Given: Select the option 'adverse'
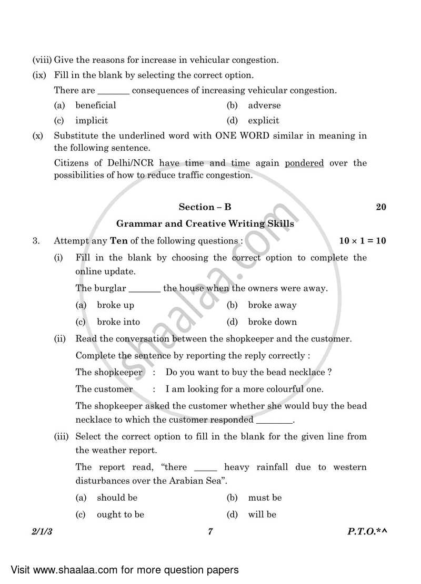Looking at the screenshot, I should [x=264, y=105].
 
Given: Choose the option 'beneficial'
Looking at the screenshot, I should [x=95, y=105].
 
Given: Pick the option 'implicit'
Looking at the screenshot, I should [x=91, y=121].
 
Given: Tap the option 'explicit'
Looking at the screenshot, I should [x=264, y=121].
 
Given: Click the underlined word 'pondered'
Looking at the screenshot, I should [x=304, y=163].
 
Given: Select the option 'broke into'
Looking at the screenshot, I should [x=118, y=322].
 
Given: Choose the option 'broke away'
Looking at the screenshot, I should [x=272, y=305].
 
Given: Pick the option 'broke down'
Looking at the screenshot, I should [x=272, y=322].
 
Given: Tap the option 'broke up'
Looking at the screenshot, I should [x=115, y=305].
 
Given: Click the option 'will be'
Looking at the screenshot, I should [x=262, y=514].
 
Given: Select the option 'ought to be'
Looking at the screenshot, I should [x=120, y=514].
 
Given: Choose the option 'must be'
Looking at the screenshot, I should [x=265, y=498].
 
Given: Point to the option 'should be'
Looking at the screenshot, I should [x=117, y=498].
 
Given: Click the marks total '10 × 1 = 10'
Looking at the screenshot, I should [x=363, y=241].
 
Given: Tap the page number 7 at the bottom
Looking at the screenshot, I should [x=209, y=532].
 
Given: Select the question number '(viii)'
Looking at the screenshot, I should [x=42, y=60].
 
